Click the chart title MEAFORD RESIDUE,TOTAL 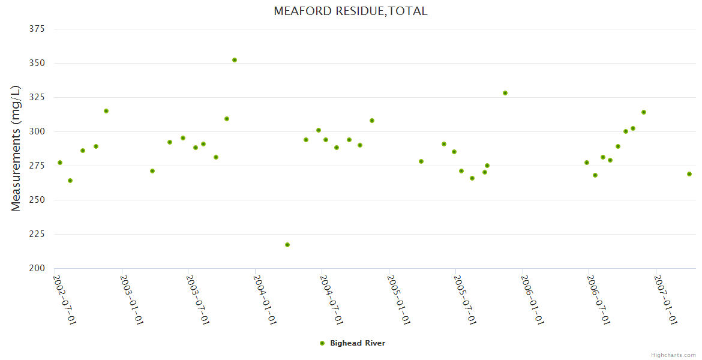(350, 11)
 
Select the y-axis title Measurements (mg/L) (16, 148)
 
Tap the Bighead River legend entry (357, 343)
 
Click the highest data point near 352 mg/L (235, 60)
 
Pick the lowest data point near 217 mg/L (287, 245)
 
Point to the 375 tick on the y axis (37, 29)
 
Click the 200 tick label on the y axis (37, 268)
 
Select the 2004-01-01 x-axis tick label (264, 299)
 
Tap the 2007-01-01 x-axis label (665, 299)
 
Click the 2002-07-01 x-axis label (64, 299)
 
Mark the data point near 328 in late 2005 (505, 93)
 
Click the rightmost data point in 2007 (689, 174)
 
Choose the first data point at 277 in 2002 (60, 163)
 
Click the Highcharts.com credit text (673, 355)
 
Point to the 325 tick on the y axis (37, 97)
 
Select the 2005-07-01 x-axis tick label (464, 299)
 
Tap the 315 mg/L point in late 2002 (106, 111)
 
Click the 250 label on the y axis (37, 200)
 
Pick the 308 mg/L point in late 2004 (372, 121)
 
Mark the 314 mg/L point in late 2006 (644, 112)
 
